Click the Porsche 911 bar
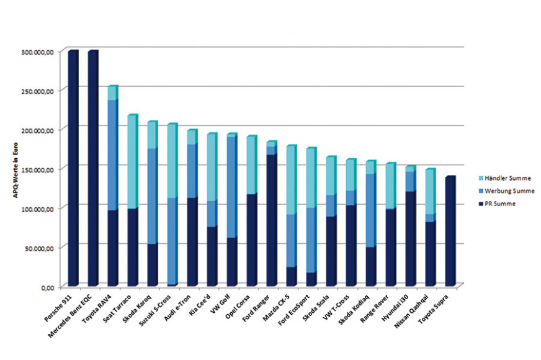point(73,168)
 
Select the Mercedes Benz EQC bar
point(92,168)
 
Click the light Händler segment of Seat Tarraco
point(132,161)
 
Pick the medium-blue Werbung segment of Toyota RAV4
point(112,155)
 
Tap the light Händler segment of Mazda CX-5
point(291,180)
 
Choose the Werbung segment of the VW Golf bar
point(231,186)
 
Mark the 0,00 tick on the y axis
point(47,287)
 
